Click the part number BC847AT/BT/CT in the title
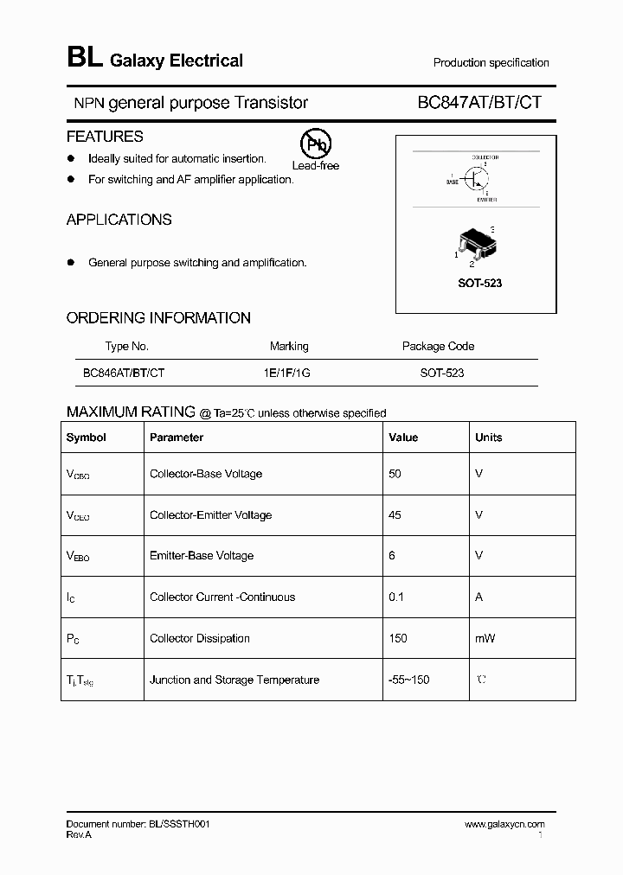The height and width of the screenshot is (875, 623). click(479, 103)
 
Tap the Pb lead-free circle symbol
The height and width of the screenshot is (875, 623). click(314, 144)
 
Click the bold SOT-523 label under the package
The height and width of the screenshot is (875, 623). click(478, 284)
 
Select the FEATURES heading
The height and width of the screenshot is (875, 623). click(105, 137)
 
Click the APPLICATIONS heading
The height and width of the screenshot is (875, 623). click(119, 220)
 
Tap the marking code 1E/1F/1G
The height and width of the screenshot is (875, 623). click(289, 373)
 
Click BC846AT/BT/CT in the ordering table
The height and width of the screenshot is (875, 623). click(124, 373)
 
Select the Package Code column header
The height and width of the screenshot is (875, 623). click(438, 346)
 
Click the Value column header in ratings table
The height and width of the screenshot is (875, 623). click(403, 437)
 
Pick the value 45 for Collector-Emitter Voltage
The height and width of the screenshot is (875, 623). click(395, 515)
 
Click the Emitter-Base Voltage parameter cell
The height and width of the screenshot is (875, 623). click(202, 556)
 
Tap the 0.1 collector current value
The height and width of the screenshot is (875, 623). click(395, 597)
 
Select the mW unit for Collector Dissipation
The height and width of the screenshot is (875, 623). click(484, 639)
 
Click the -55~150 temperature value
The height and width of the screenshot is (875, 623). click(408, 680)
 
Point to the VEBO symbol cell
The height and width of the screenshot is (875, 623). click(78, 557)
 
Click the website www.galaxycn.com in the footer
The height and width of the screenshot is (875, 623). click(504, 825)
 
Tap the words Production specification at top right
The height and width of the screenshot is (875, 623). click(491, 63)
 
